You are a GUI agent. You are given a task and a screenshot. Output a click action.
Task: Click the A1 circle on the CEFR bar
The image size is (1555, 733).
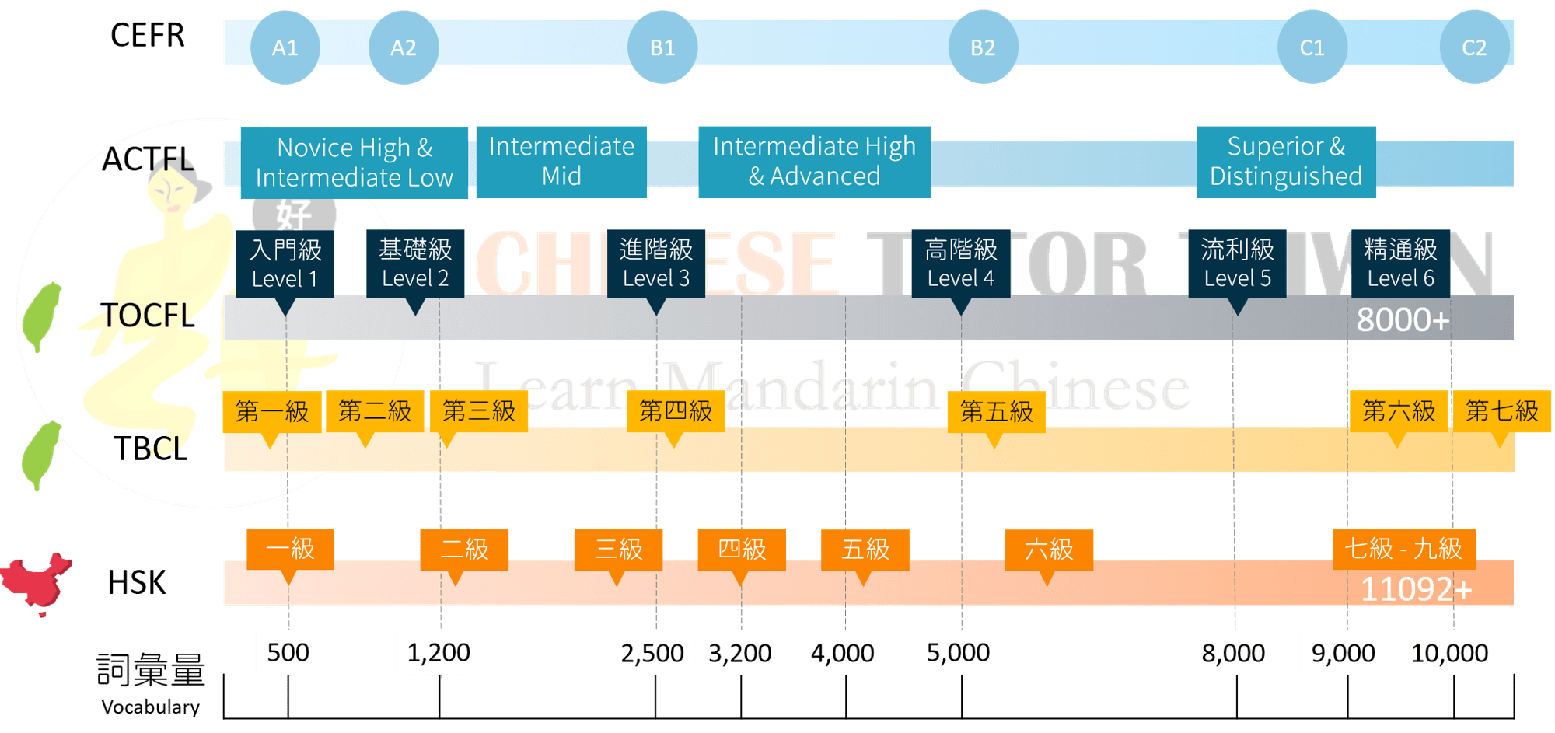[285, 47]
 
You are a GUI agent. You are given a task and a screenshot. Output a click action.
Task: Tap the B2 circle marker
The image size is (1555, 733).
[983, 47]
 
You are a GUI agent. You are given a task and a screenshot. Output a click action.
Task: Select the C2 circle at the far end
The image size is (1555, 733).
[1474, 47]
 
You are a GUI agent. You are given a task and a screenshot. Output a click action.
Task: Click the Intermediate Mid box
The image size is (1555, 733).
[561, 161]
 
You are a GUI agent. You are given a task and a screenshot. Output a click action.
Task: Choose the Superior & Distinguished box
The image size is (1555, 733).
[1285, 161]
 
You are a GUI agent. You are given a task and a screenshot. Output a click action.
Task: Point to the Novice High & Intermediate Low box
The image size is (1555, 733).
[354, 162]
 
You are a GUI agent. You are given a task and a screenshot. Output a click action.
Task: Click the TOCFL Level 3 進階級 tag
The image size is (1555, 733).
[655, 263]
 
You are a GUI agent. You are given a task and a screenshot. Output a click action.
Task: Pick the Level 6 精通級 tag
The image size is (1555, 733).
[1400, 263]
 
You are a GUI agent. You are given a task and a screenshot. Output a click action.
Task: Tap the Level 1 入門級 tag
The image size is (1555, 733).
[285, 263]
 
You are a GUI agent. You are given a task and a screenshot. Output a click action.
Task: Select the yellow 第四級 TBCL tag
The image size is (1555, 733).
[676, 410]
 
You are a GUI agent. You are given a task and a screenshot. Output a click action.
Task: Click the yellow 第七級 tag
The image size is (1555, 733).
[1501, 410]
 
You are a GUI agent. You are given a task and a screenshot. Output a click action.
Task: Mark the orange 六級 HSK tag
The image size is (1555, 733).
[1049, 549]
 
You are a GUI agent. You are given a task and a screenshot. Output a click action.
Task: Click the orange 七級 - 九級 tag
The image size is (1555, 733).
[1403, 549]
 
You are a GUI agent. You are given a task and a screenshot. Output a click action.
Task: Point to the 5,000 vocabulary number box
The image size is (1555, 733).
[958, 652]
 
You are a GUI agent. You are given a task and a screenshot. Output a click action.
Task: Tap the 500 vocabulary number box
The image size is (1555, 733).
[288, 652]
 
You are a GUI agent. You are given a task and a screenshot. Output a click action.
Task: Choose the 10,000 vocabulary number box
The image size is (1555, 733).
[1449, 652]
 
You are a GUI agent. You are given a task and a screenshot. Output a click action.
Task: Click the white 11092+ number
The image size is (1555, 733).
[1416, 589]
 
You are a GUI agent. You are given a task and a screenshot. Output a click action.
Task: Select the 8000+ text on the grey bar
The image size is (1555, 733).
[1403, 319]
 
